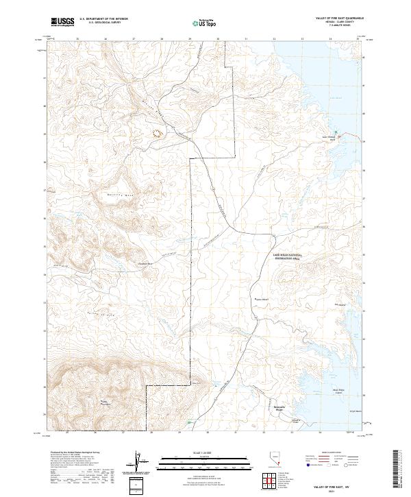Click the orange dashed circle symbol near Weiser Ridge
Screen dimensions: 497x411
coord(158,132)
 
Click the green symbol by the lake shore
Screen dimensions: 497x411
coord(336,133)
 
